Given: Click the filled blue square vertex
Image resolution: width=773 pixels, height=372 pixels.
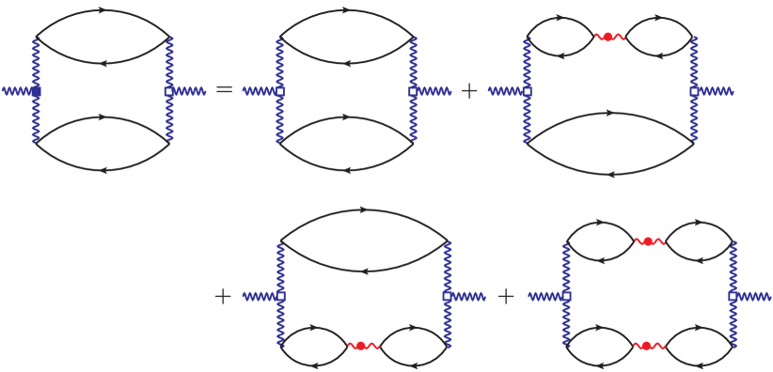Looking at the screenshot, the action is coord(36,91).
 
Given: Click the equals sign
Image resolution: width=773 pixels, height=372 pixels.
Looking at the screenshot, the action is coord(224,90).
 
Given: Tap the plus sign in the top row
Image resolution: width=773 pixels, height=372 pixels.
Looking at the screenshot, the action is coord(468,91).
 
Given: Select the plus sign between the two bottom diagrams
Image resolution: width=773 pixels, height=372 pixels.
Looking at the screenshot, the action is coord(506,296).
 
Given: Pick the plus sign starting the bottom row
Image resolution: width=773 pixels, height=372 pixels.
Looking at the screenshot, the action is coord(223,296).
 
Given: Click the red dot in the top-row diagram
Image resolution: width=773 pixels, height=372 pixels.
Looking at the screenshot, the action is coord(607,37).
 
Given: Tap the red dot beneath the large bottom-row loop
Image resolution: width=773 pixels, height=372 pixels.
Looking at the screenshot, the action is coord(360,346).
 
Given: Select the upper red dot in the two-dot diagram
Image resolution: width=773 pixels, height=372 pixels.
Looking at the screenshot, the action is coord(648,241).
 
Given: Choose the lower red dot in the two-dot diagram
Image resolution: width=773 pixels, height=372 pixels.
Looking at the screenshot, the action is coord(647,346).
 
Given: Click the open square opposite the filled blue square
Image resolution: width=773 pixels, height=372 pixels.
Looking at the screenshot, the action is coord(169,91).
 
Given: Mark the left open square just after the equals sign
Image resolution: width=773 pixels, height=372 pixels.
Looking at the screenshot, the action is coord(279,91).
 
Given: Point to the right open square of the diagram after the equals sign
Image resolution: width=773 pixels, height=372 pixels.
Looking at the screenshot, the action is coord(413,91).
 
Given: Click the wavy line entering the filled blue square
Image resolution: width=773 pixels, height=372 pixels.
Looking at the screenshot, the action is coord(17,91).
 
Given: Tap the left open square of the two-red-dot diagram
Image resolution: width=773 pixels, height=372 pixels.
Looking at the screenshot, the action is coord(566,296).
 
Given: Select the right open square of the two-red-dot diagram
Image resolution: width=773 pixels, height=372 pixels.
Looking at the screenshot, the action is coord(733,296).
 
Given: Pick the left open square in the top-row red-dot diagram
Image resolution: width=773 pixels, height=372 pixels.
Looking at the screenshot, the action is coord(527,91).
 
